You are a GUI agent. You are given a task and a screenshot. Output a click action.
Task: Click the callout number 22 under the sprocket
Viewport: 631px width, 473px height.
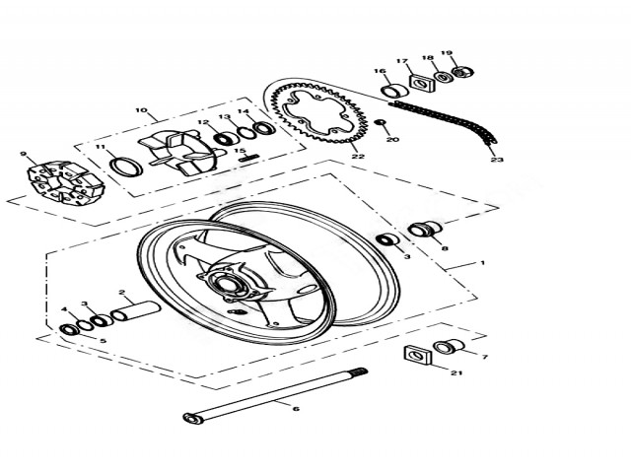tap(358, 157)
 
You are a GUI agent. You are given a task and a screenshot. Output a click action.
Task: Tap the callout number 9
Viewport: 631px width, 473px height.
tap(23, 154)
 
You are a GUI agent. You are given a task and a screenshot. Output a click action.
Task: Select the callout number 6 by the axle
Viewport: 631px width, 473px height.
tap(296, 409)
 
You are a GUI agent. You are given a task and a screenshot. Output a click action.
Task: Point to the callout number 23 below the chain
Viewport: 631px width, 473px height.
tap(497, 160)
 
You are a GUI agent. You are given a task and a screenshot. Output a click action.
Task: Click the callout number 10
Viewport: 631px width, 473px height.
tap(141, 110)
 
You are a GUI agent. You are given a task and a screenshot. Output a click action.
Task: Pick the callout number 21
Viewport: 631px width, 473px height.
tap(456, 372)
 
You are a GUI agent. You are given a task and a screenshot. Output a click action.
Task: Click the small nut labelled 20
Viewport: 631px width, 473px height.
tap(380, 122)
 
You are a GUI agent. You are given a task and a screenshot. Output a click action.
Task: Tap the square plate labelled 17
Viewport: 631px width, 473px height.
tap(421, 84)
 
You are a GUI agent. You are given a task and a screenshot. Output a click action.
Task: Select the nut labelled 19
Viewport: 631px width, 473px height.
tap(462, 72)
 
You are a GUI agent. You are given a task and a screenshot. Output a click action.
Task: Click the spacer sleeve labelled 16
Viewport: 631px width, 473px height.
tap(394, 91)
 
